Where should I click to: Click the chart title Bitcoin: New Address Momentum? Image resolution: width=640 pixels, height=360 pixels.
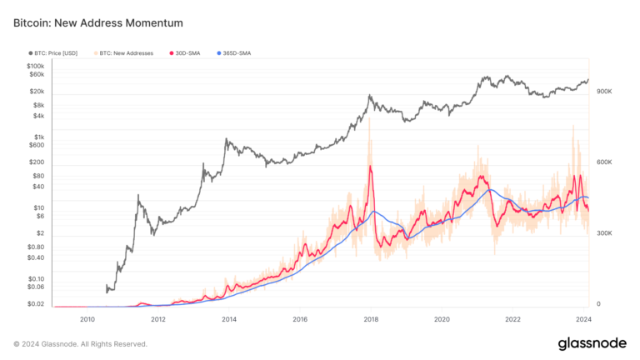[98, 22]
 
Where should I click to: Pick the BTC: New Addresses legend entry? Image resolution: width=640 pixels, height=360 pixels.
[126, 53]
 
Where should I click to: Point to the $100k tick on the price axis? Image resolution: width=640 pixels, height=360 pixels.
[35, 66]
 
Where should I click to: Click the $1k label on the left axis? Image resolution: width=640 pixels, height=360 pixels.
[39, 137]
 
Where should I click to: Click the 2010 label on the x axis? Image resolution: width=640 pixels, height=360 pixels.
[87, 319]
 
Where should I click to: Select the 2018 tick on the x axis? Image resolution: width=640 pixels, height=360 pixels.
[371, 319]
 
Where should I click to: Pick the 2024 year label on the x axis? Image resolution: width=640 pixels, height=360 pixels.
[584, 319]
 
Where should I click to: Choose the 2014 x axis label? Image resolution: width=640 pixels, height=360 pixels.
[229, 319]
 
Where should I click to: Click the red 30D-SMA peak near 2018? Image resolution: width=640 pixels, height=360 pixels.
[369, 167]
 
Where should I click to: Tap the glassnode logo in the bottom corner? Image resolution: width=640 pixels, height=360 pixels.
[592, 343]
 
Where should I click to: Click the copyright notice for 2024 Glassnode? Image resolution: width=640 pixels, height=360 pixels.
[81, 343]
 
